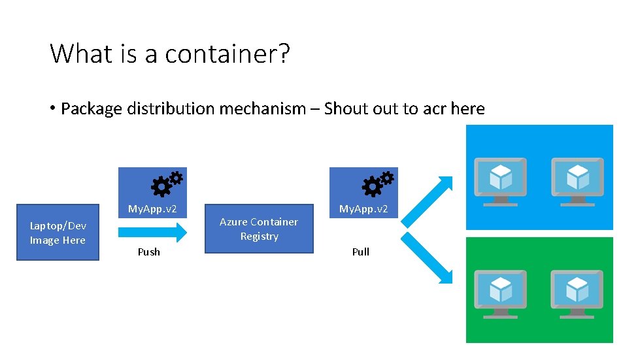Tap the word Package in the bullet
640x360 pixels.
pos(92,108)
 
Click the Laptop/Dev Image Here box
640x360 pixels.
pos(58,233)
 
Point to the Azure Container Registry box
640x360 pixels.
pos(259,229)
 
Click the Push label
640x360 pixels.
pos(149,252)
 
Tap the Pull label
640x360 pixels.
pos(361,252)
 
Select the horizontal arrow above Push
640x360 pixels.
pos(152,231)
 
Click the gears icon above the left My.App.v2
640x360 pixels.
pos(166,184)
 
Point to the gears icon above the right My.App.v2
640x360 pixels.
pos(377,184)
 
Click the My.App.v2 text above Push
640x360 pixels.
pos(152,209)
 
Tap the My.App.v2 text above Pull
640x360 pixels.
pos(363,209)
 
